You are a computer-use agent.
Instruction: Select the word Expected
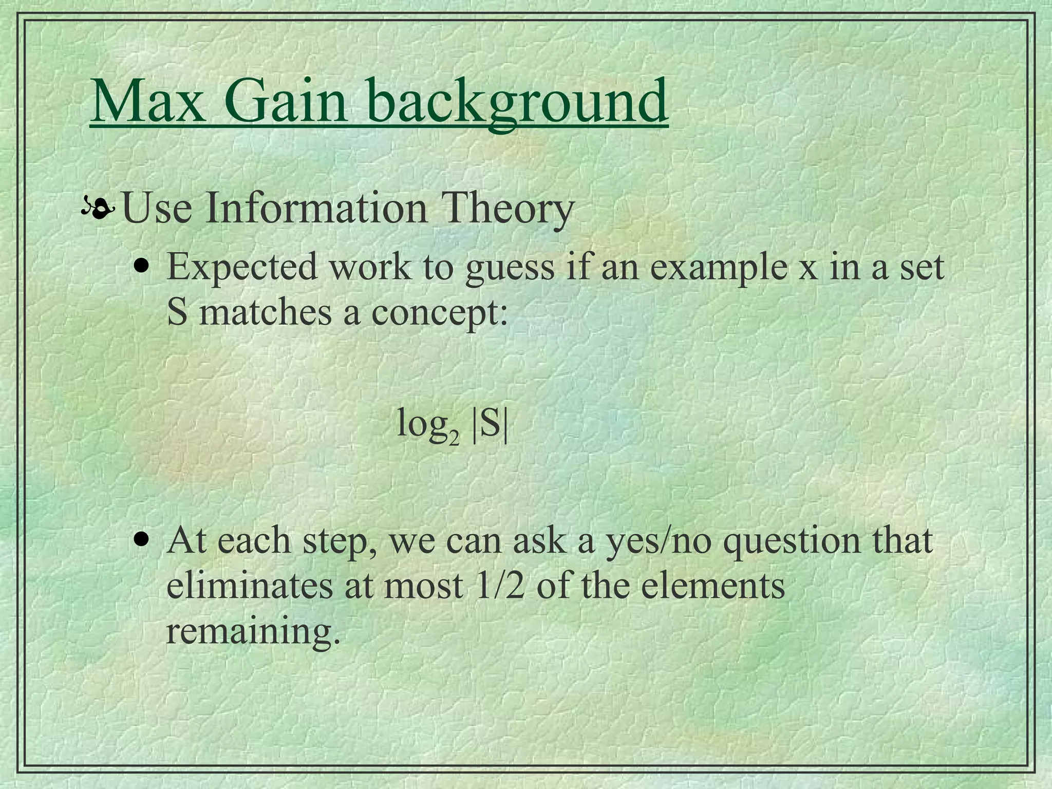click(x=242, y=267)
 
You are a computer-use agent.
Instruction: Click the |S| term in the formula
click(x=490, y=424)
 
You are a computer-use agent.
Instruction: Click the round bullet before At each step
click(x=141, y=540)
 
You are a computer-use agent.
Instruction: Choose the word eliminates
click(x=250, y=586)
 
